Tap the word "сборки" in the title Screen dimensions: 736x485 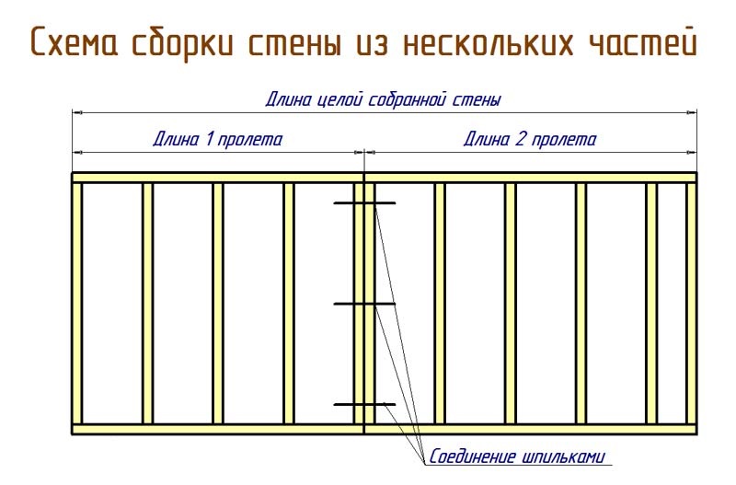182,42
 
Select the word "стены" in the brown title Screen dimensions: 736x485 294,44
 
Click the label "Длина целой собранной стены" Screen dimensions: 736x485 383,99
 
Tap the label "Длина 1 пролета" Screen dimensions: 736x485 218,140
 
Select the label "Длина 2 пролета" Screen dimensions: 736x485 530,140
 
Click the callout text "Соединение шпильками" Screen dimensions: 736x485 517,456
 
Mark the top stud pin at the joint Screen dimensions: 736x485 364,203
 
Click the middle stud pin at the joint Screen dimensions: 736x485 364,305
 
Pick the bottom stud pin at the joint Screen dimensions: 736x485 364,404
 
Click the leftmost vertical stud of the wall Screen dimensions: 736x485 77,304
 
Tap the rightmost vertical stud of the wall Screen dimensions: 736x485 691,304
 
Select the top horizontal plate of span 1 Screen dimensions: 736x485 218,178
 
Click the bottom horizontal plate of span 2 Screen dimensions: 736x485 531,429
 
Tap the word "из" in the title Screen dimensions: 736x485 372,44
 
